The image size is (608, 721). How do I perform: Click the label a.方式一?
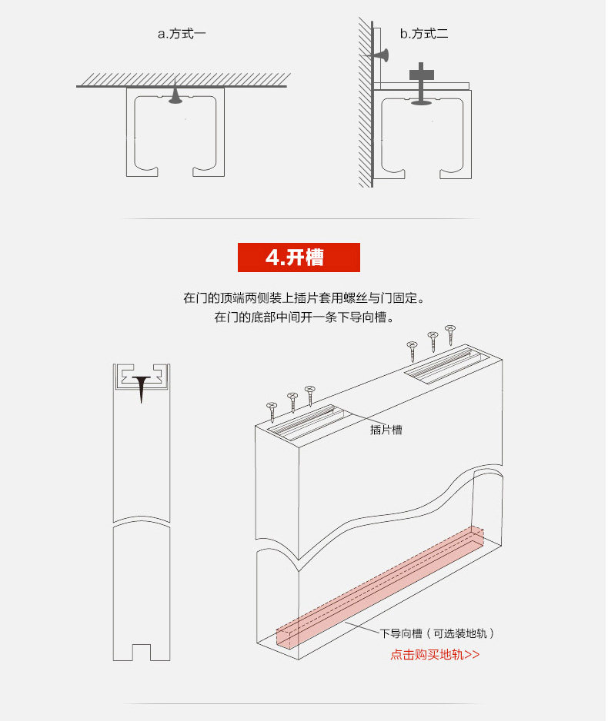pyautogui.click(x=182, y=34)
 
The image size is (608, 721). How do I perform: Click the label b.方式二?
pyautogui.click(x=423, y=34)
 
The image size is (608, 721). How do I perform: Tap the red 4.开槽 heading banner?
pyautogui.click(x=299, y=257)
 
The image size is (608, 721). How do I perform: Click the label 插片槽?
pyautogui.click(x=386, y=430)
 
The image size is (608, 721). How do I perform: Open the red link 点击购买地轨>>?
pyautogui.click(x=435, y=655)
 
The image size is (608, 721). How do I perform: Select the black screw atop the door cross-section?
pyautogui.click(x=142, y=387)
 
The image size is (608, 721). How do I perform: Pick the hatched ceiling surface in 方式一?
pyautogui.click(x=182, y=80)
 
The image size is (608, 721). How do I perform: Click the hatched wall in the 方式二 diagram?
pyautogui.click(x=364, y=100)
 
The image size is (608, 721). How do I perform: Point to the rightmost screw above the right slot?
pyautogui.click(x=450, y=334)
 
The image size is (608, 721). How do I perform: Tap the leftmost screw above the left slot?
pyautogui.click(x=271, y=411)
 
